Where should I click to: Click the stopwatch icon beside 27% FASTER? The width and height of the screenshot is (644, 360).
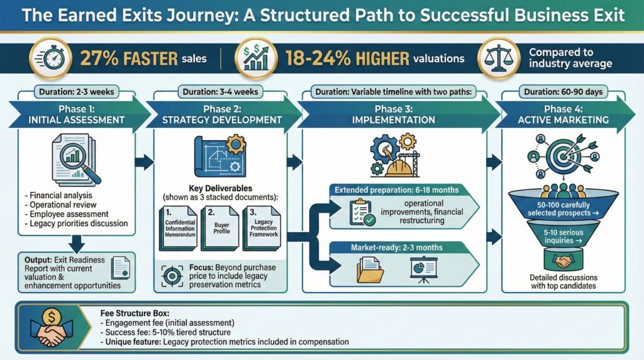click(x=50, y=59)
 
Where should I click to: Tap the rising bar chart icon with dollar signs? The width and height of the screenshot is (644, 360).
click(x=255, y=59)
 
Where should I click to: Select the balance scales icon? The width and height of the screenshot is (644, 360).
click(x=499, y=59)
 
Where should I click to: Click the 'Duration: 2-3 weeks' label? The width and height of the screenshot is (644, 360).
click(x=76, y=92)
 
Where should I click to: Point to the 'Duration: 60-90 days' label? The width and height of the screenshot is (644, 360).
click(x=563, y=92)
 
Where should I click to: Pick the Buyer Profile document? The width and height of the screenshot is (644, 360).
click(x=221, y=228)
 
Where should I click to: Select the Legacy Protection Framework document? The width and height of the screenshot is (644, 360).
click(x=262, y=228)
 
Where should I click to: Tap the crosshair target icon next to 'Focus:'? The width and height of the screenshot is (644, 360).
click(x=172, y=276)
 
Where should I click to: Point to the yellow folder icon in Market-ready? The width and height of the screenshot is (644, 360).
click(x=370, y=270)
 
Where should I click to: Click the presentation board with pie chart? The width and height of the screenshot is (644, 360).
click(x=423, y=270)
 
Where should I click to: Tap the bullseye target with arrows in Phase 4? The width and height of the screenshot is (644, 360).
click(x=563, y=155)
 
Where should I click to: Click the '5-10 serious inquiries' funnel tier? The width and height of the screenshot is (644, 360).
click(x=563, y=235)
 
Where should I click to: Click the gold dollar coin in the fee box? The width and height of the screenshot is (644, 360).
click(x=52, y=317)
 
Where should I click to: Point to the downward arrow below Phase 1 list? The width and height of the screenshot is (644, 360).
click(x=76, y=244)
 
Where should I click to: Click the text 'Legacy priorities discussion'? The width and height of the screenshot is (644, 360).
click(x=79, y=223)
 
